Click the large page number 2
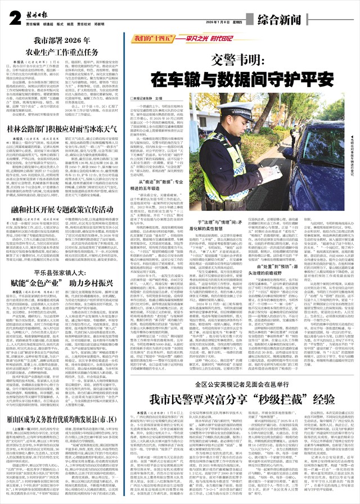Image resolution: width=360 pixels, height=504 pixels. [x=13, y=17]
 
